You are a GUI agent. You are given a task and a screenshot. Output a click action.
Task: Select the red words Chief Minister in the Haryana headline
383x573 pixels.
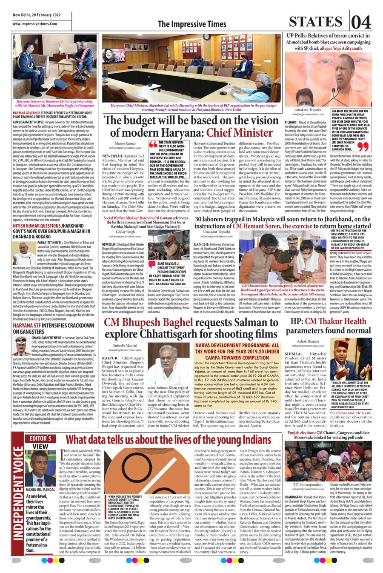[x=239, y=132]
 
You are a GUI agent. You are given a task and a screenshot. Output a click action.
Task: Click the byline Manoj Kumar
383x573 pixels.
[x=126, y=143]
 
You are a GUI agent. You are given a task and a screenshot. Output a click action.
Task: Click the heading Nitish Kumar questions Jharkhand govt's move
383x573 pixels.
[x=53, y=228]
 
